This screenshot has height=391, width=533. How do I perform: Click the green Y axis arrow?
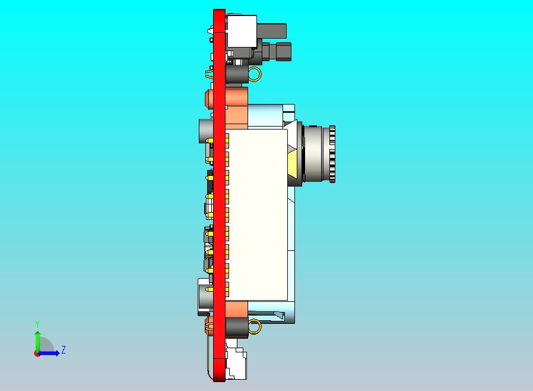[x=37, y=339]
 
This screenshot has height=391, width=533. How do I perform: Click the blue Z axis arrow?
[x=50, y=353]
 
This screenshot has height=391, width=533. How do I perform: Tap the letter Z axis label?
[x=63, y=350]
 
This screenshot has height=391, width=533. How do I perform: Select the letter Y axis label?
[x=37, y=324]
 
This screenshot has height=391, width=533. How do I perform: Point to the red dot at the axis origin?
[x=37, y=354]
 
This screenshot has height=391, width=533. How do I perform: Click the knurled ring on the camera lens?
[x=332, y=153]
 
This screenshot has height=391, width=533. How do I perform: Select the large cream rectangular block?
[x=257, y=214]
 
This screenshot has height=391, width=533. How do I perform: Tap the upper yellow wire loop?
[x=255, y=74]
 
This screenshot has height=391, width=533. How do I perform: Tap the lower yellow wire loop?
[x=255, y=326]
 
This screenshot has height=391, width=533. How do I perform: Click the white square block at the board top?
[x=242, y=31]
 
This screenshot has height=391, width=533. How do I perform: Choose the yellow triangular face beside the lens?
[x=294, y=162]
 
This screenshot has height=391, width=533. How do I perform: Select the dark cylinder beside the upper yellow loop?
[x=237, y=74]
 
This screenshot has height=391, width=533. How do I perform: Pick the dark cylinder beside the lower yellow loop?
[x=237, y=327]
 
